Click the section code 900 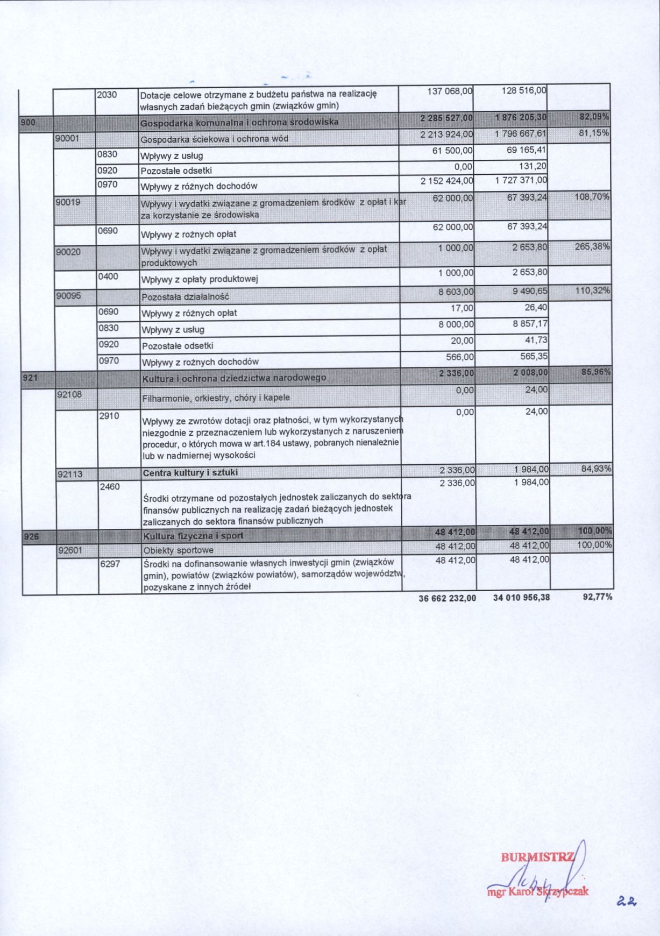28,122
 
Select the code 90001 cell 68,138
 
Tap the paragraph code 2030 107,95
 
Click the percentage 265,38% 592,247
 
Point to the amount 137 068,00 450,91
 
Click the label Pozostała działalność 186,297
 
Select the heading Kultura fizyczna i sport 193,536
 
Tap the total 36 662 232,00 447,598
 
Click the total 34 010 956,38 521,597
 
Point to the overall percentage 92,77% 597,597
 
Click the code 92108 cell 70,394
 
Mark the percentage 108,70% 592,197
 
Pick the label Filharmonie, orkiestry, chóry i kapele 216,398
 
